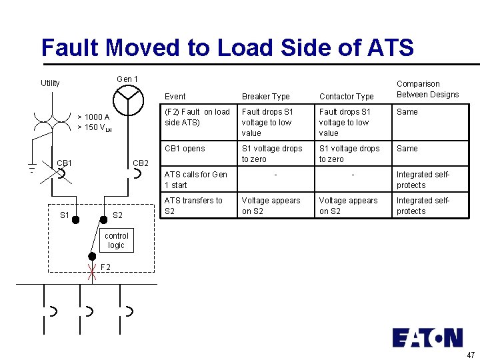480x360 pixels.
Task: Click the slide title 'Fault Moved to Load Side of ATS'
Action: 227,47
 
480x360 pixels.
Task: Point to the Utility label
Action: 50,83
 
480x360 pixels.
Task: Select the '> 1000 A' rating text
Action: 93,117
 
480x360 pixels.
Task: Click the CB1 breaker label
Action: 65,163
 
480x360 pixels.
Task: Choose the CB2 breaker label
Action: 141,163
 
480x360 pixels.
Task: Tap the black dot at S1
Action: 77,219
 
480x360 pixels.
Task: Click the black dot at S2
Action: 103,219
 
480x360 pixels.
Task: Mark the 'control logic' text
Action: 116,241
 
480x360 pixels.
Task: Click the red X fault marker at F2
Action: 91,270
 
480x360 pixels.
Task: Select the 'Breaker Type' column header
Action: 265,97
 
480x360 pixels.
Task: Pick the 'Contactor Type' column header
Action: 346,97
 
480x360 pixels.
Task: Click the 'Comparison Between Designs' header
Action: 427,89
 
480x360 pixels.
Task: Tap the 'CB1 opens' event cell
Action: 185,149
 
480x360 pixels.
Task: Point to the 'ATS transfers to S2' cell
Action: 193,206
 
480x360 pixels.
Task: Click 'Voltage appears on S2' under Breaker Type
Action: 271,206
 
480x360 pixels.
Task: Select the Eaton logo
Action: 427,337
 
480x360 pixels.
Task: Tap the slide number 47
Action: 471,355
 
